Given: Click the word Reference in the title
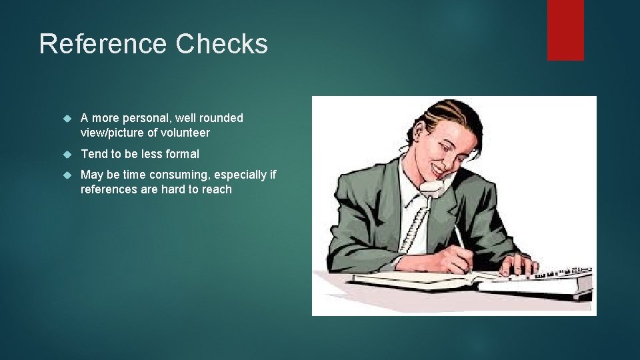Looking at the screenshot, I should click(x=103, y=44).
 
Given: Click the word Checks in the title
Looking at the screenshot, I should click(x=222, y=44).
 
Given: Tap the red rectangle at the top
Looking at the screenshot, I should click(x=565, y=29).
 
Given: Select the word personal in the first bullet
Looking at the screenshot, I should click(x=146, y=118).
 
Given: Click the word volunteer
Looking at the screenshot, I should click(x=185, y=133).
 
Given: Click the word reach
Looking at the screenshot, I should click(x=217, y=189).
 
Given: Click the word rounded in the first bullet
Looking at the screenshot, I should click(x=221, y=118).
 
